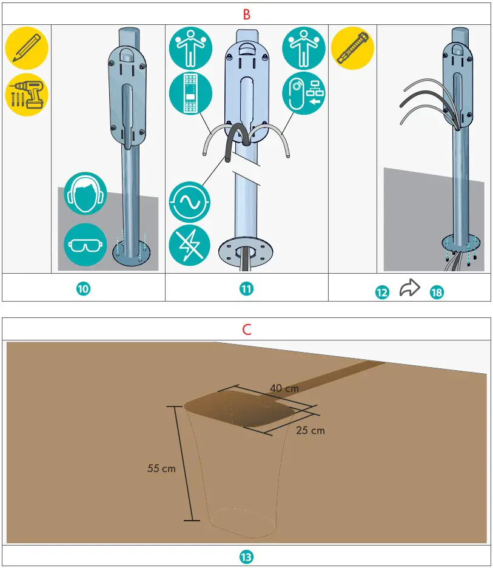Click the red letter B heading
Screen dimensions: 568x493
pyautogui.click(x=246, y=15)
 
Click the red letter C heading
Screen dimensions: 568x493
pyautogui.click(x=246, y=330)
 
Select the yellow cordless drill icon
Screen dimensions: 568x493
pyautogui.click(x=27, y=95)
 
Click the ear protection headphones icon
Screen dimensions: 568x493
pyautogui.click(x=86, y=194)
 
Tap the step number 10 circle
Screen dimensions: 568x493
pyautogui.click(x=84, y=289)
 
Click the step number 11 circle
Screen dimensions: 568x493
pyautogui.click(x=246, y=289)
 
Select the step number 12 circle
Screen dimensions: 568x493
pyautogui.click(x=382, y=292)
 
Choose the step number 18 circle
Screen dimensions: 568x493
pyautogui.click(x=436, y=292)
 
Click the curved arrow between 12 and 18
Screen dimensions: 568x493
pyautogui.click(x=410, y=289)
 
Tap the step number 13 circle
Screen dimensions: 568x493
pyautogui.click(x=246, y=556)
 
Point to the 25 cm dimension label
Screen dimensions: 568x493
pyautogui.click(x=310, y=430)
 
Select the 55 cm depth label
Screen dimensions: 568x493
pyautogui.click(x=161, y=468)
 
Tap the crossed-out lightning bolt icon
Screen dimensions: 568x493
pyautogui.click(x=190, y=247)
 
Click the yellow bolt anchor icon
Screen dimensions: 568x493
pyautogui.click(x=352, y=49)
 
